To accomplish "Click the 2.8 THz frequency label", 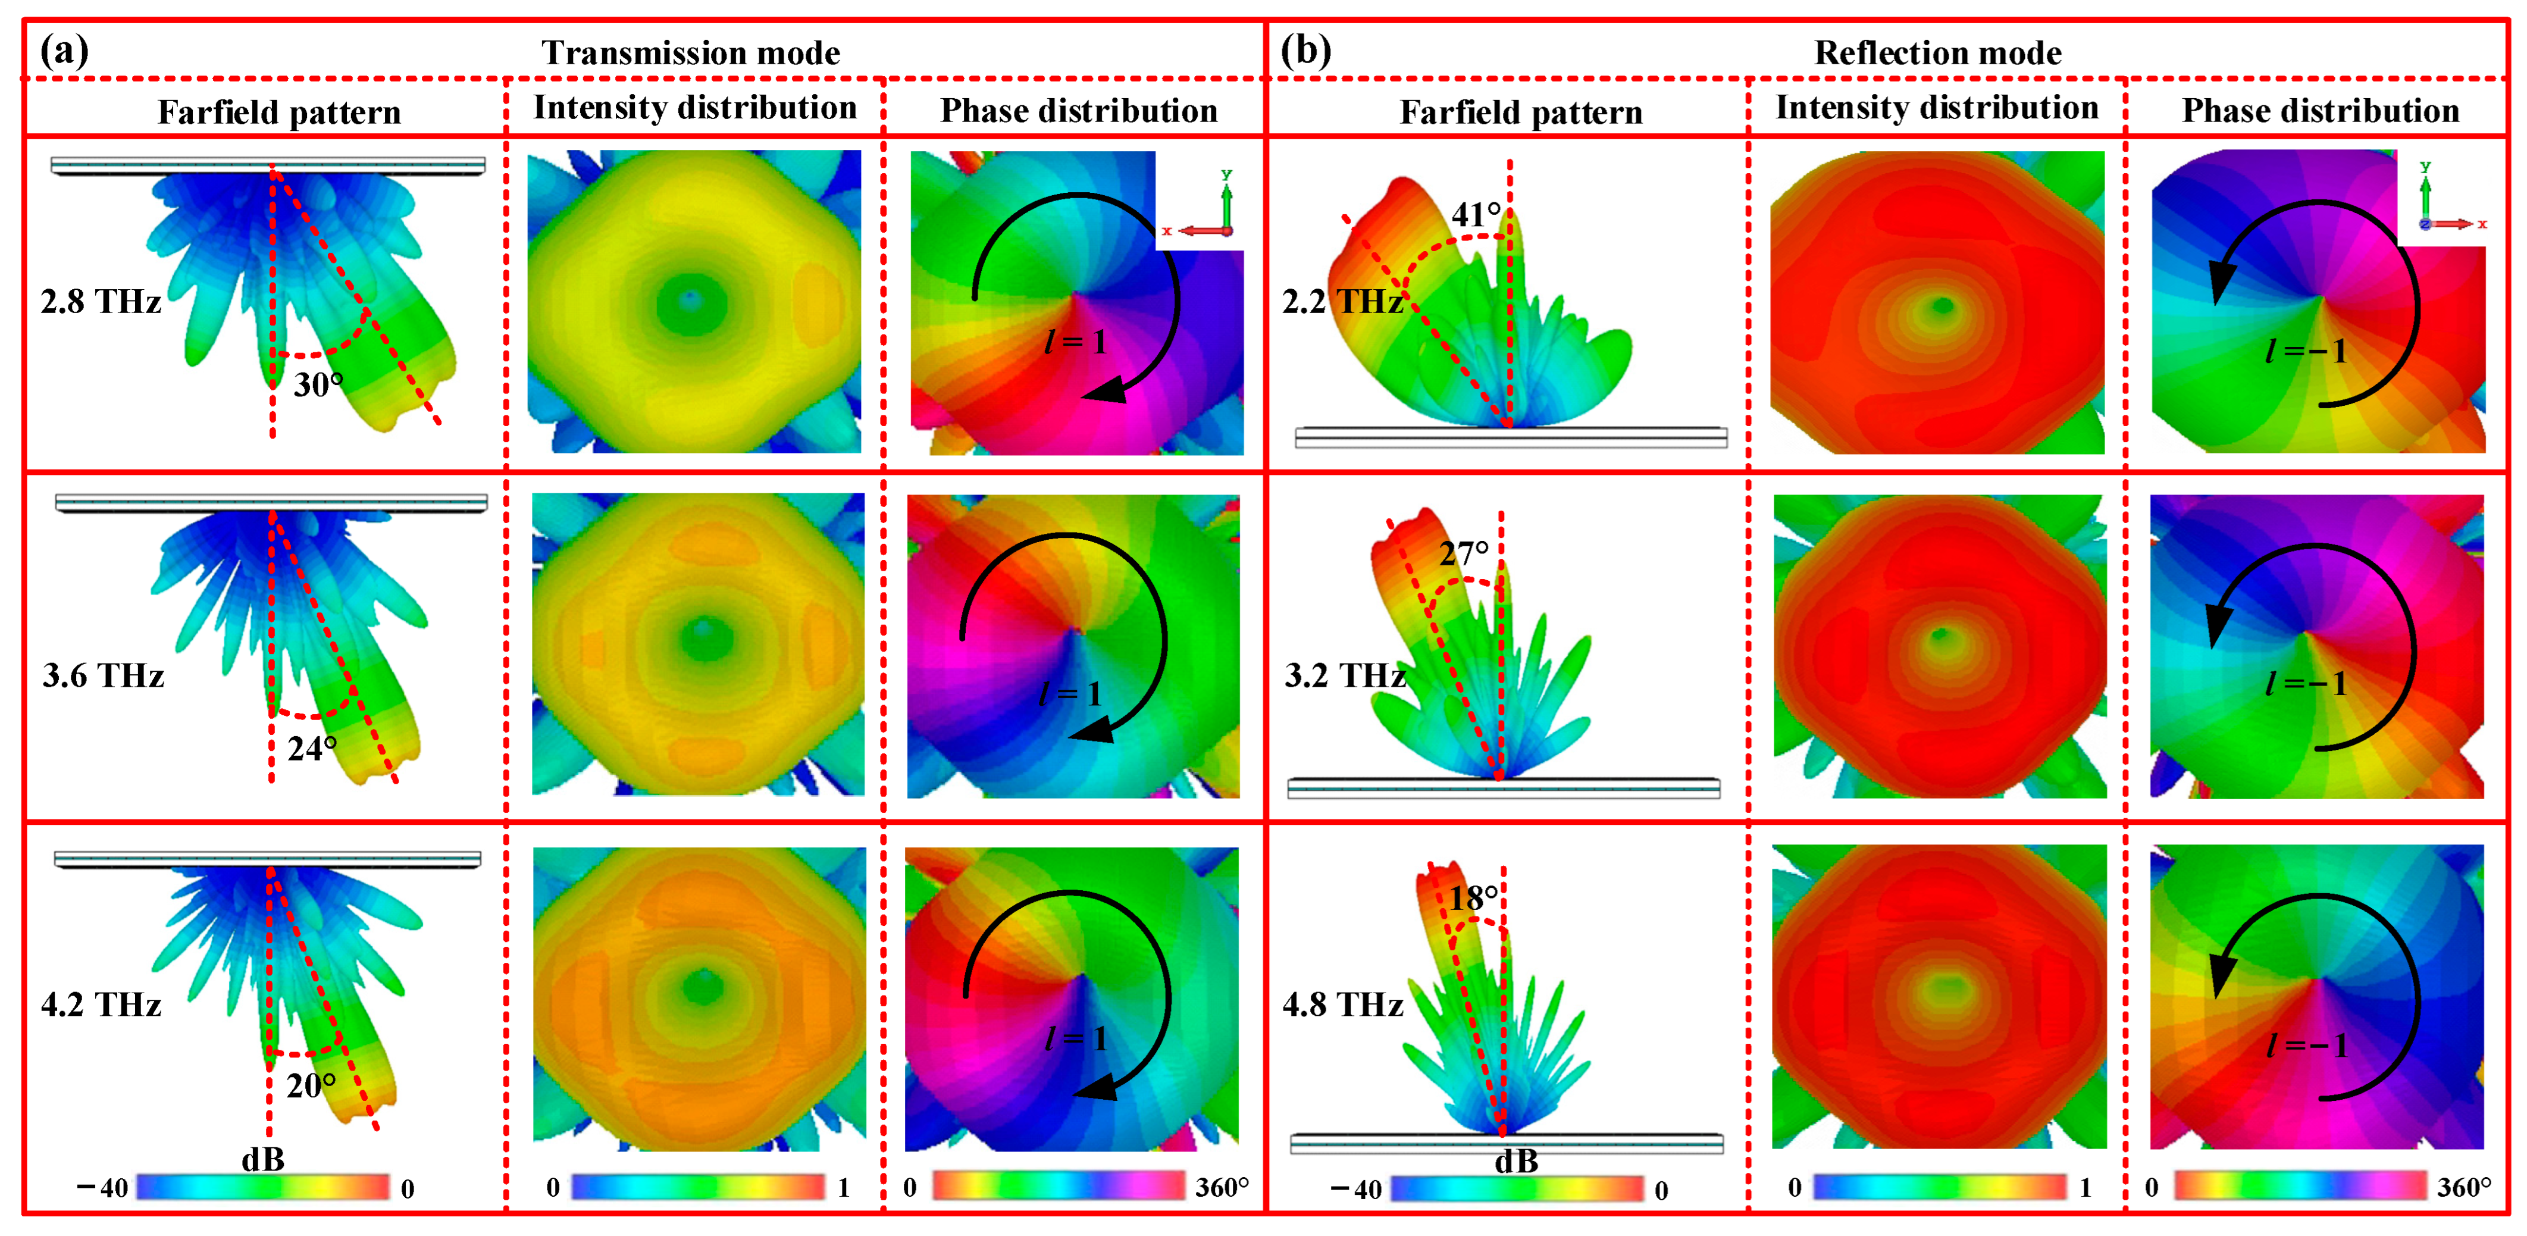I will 101,301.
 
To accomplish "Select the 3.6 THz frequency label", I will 103,676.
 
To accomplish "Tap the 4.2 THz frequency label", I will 101,1005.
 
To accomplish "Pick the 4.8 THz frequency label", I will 1343,1005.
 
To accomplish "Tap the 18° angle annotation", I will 1473,897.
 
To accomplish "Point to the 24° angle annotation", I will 312,749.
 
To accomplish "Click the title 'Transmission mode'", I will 691,53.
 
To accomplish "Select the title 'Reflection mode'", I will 1937,53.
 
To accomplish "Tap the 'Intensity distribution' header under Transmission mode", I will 694,108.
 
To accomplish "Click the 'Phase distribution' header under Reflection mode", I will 2320,111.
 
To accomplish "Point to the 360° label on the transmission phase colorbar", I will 1222,1187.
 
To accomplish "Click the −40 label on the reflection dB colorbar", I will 1355,1190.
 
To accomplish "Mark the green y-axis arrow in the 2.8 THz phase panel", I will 1226,201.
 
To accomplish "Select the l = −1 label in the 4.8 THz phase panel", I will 2305,1046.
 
